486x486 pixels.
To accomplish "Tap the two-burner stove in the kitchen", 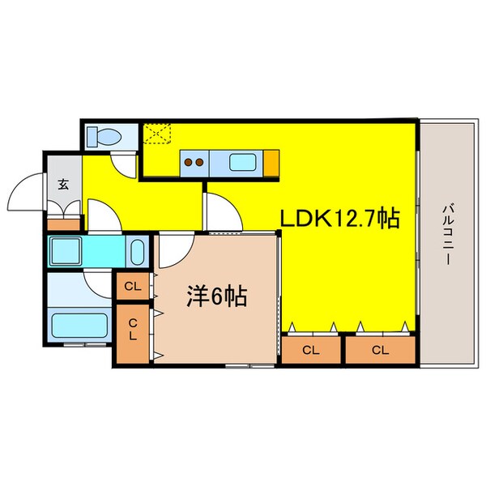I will pos(194,163).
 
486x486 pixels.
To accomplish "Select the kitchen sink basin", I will pos(244,162).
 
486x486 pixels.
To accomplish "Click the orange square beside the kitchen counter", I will pos(271,163).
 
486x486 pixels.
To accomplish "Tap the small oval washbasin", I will pos(137,252).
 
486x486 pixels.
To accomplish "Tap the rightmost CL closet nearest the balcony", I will pos(379,350).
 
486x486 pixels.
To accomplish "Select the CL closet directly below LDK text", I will pos(310,350).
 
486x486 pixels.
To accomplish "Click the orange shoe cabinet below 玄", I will pos(64,224).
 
